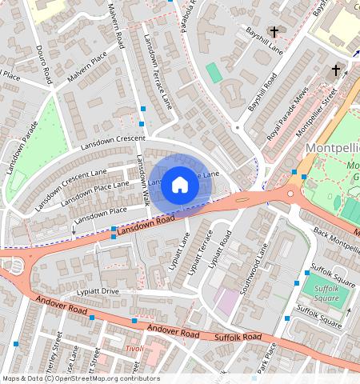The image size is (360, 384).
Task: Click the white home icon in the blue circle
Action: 180,184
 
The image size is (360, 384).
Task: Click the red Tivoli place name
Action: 133,349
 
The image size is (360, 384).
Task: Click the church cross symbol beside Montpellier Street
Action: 335,70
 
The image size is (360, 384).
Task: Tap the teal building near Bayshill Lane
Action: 214,72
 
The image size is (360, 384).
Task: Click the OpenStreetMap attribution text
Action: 80,378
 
